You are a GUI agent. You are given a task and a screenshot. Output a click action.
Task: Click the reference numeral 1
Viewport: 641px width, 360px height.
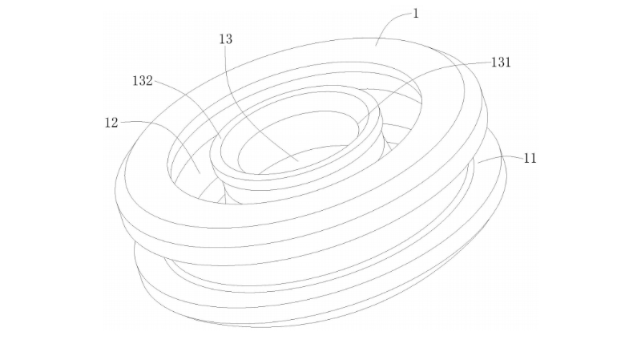click(x=416, y=14)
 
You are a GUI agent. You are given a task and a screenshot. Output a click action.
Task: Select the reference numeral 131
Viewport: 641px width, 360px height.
click(x=501, y=63)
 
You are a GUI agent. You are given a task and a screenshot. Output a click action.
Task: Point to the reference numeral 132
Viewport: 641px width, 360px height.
click(x=143, y=81)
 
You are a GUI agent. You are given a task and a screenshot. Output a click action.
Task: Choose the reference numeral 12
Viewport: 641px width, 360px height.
click(x=111, y=123)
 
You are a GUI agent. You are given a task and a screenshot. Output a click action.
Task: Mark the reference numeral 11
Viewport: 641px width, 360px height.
click(x=530, y=158)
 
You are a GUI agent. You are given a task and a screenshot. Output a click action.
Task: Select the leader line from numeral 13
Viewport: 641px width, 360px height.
click(x=248, y=96)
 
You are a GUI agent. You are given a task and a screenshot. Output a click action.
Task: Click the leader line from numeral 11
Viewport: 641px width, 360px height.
click(x=501, y=158)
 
